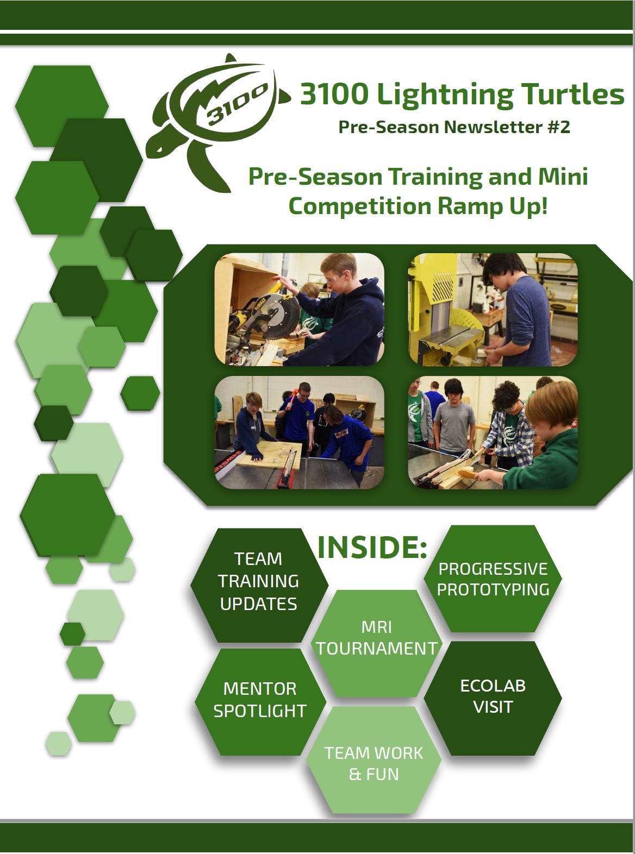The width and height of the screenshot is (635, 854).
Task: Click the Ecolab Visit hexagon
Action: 493,698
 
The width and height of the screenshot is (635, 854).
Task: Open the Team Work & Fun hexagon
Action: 373,764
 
